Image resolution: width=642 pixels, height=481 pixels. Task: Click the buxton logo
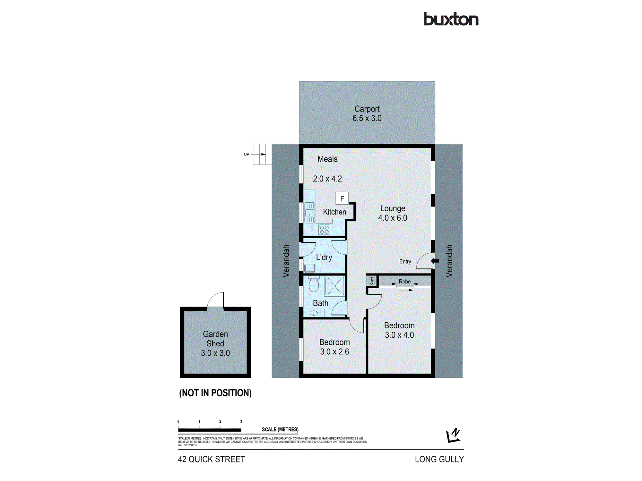point(451,19)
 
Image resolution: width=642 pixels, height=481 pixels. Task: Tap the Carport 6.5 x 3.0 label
point(367,114)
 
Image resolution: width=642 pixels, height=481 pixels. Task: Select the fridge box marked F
point(342,199)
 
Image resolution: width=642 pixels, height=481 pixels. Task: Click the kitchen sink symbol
point(309,212)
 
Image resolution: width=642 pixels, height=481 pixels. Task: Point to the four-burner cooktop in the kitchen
point(324,230)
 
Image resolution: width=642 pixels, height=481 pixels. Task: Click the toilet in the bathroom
point(314,284)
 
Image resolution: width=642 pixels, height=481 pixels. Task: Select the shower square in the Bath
point(334,286)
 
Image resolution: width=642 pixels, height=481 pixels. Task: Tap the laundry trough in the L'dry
point(310,268)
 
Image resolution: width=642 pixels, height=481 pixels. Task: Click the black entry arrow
point(435,261)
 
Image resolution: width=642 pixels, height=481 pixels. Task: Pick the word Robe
point(404,282)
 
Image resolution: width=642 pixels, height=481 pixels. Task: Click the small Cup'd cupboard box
point(371,281)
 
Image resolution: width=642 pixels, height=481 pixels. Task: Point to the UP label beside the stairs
point(247,155)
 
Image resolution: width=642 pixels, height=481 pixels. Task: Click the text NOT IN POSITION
point(215,393)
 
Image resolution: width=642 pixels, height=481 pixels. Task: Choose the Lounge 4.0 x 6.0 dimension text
point(393,218)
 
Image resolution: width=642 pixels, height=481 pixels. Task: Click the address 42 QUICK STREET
point(211,460)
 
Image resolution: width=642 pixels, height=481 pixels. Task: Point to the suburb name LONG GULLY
point(439,460)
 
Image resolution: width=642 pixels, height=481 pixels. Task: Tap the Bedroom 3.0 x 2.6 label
point(334,347)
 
